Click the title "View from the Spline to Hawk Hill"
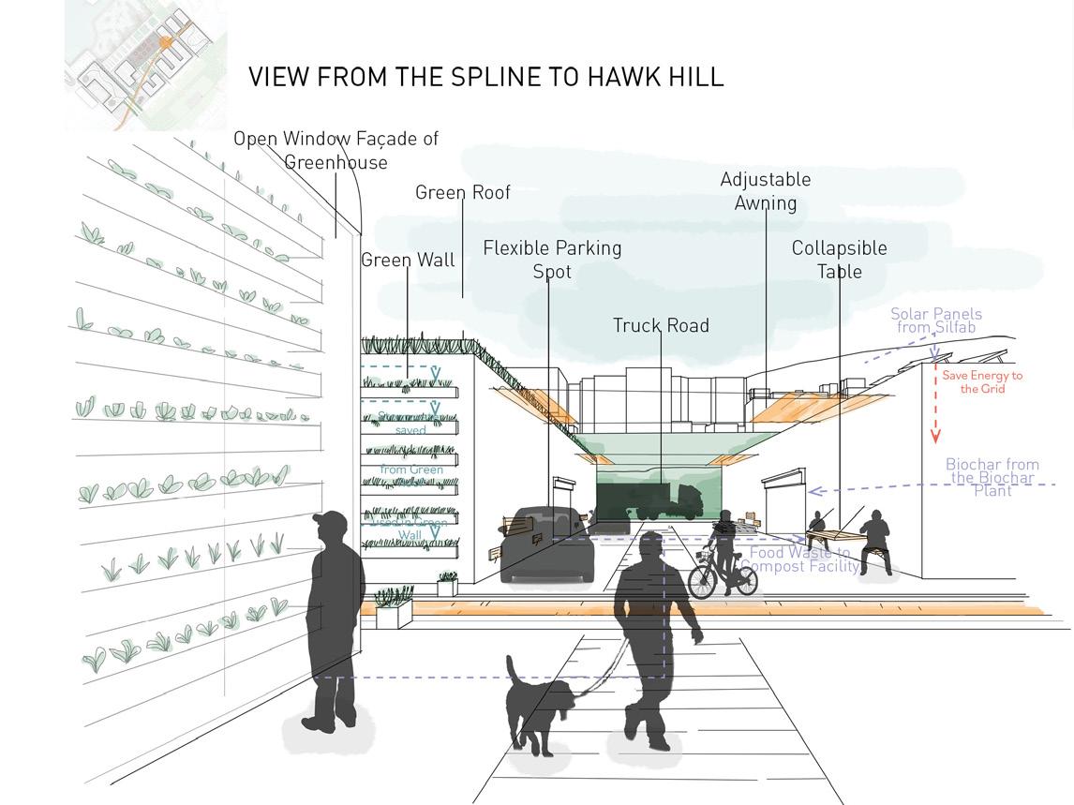485,77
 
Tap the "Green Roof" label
463,192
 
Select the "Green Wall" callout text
408,260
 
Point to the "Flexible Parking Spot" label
552,260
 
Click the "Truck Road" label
661,325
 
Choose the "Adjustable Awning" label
765,190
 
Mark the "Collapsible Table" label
839,260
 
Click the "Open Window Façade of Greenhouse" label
336,150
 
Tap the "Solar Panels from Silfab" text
935,321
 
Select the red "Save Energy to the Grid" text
982,381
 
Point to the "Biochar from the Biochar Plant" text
992,477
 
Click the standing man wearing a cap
333,619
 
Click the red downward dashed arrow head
934,437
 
